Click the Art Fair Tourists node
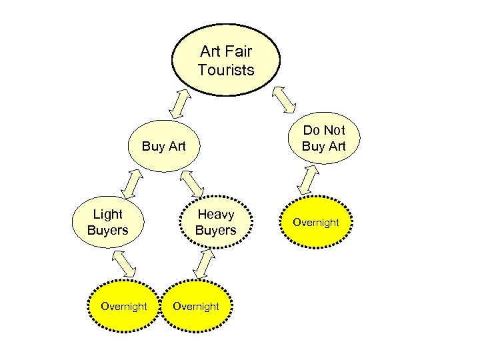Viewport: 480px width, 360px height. (226, 60)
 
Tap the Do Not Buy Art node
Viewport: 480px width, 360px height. (323, 138)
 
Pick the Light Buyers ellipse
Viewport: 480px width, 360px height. (107, 222)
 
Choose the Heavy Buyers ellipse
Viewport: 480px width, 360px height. (215, 222)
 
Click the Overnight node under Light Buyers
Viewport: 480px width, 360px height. (123, 306)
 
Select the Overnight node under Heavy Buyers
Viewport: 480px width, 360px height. (195, 306)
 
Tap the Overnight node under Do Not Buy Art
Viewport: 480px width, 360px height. (316, 222)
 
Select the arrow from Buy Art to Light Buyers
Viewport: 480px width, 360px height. (132, 181)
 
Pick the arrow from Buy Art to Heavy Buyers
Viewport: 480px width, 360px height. (193, 183)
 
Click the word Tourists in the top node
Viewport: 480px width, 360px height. (226, 69)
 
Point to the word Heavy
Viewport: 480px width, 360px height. (215, 215)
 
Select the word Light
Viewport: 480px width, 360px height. (107, 215)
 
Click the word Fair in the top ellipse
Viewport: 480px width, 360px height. (237, 51)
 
